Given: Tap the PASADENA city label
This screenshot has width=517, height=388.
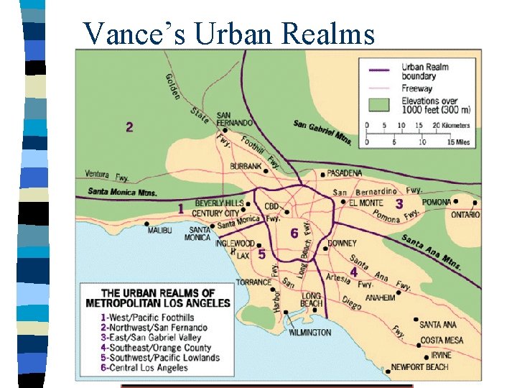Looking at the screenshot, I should tap(344, 173).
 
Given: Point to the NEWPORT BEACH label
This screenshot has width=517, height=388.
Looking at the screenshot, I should tap(420, 367).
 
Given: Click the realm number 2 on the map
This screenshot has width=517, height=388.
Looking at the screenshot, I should tap(129, 127).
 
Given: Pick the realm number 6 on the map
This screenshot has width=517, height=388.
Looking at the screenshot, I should tap(294, 234).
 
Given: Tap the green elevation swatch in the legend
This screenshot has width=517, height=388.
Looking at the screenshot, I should tap(378, 105).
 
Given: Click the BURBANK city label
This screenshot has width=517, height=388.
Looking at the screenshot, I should tap(246, 166).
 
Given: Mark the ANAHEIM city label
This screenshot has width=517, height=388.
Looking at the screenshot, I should tap(380, 297).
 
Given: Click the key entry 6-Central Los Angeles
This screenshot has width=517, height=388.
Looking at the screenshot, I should tap(144, 368).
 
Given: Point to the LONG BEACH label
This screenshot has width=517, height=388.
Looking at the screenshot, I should tap(312, 300).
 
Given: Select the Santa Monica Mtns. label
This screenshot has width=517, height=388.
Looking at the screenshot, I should tap(122, 192).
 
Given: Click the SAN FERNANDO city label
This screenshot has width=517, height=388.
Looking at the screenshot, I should tap(233, 119).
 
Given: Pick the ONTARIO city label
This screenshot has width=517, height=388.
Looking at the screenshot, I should tap(465, 215).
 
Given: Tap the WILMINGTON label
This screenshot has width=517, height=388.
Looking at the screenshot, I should tap(309, 333).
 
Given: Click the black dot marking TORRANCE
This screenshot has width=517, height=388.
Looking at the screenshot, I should tap(274, 291).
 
